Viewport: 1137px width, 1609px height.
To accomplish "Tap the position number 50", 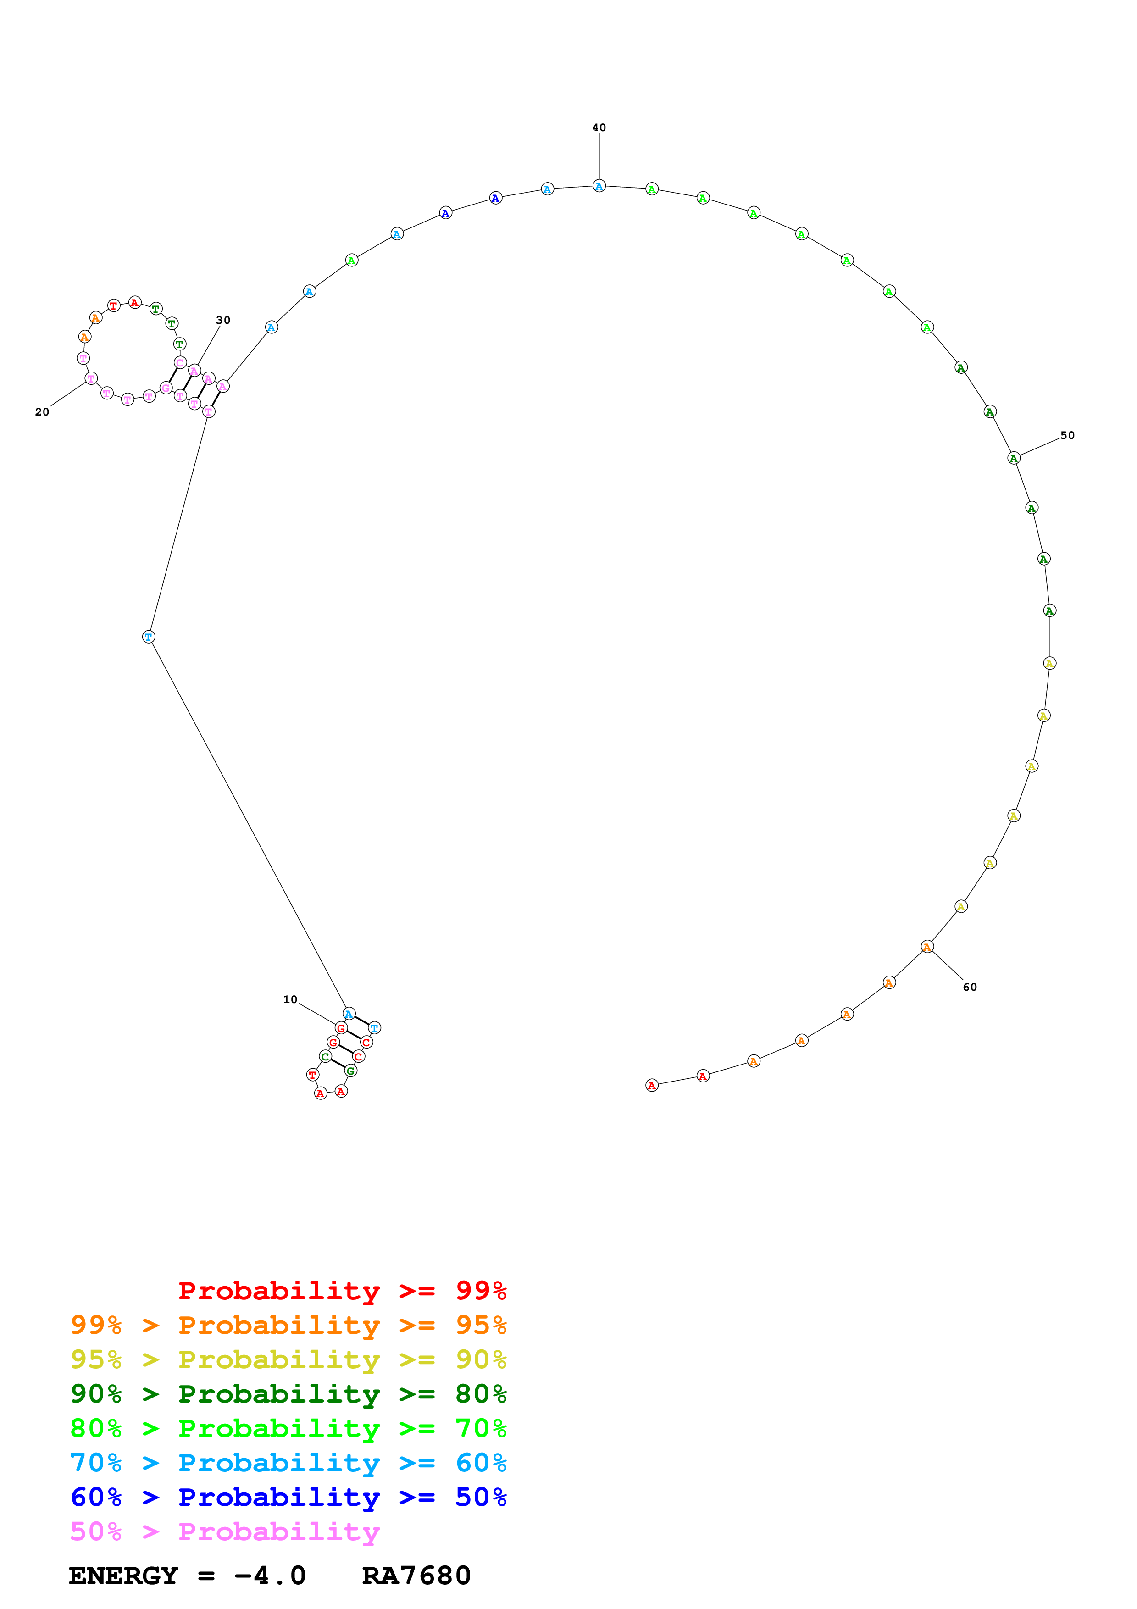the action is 1066,435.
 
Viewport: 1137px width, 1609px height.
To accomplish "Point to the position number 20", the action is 42,412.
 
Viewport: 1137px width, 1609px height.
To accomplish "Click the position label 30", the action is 223,320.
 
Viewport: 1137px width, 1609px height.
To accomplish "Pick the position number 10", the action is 290,999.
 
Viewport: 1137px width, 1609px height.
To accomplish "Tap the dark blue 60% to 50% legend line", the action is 288,1497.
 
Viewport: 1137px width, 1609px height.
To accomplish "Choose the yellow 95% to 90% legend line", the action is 288,1359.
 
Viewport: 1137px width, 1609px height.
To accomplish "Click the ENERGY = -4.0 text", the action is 187,1576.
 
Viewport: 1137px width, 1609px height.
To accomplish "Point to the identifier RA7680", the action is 416,1576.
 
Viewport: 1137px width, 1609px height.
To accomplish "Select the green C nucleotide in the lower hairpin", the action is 325,1056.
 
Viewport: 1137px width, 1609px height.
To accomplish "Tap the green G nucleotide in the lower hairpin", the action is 351,1070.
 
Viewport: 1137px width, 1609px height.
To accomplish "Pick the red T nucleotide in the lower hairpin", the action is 312,1074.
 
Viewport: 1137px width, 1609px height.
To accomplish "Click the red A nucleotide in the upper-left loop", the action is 134,303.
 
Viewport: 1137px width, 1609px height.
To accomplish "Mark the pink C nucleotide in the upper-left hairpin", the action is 180,362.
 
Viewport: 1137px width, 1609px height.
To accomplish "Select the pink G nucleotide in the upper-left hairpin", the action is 166,388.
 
